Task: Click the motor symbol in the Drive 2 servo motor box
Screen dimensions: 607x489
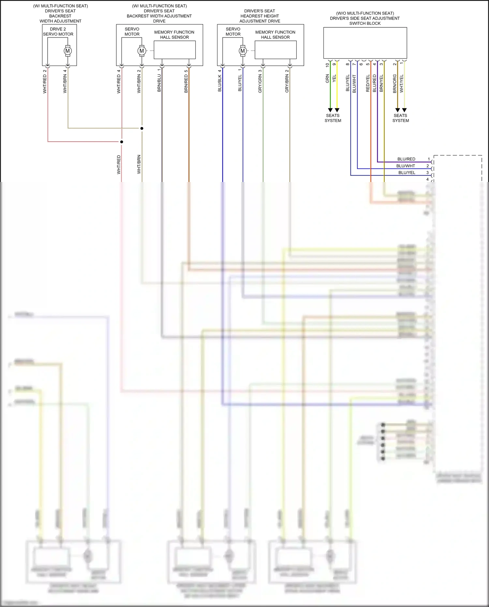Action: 68,51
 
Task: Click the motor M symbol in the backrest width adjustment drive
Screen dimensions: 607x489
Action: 142,51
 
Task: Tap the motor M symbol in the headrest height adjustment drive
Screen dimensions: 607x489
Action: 243,51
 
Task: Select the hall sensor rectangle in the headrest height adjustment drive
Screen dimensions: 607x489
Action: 275,50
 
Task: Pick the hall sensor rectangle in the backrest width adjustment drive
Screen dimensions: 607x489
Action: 174,50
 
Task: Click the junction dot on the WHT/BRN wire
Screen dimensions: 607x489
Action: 142,128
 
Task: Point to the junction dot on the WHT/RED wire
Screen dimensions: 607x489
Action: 122,142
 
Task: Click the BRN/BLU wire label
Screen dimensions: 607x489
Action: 159,83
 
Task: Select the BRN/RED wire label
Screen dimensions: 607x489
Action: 186,83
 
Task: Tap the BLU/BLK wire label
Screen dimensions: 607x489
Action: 220,83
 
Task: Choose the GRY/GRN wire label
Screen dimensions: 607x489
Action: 260,83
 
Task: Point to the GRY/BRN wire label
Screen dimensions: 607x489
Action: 287,83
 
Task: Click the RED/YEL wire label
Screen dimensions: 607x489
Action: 368,83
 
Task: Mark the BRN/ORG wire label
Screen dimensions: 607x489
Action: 394,83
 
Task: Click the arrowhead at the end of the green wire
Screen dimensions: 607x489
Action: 330,110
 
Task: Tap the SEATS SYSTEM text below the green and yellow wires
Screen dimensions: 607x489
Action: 333,118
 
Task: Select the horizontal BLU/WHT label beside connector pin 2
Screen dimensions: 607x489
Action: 406,166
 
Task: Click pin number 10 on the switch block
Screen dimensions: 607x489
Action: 327,65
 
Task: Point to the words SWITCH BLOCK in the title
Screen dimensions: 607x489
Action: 365,23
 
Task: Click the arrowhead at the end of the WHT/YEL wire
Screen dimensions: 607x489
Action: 404,110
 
